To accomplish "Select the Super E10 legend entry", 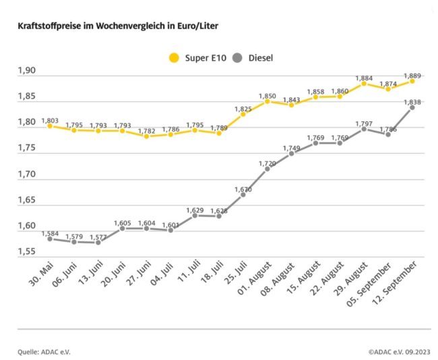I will [195, 58].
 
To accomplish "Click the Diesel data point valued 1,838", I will [412, 108].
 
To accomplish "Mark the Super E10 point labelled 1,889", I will [412, 81].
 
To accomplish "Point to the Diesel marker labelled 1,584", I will [50, 239].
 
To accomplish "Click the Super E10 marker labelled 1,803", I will [50, 126].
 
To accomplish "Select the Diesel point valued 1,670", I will [243, 194].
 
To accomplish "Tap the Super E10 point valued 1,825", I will [243, 114].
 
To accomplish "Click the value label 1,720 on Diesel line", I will [267, 163].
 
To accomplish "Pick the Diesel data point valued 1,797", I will [364, 129].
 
